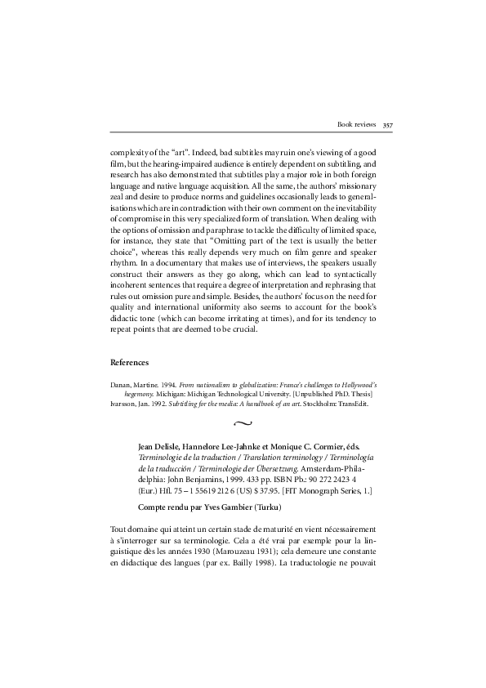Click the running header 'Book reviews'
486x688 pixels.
(356, 125)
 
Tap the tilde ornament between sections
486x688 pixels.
(243, 423)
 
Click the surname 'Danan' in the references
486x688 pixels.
(120, 384)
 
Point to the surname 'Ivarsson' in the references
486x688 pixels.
(123, 404)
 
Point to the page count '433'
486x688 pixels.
(243, 481)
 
